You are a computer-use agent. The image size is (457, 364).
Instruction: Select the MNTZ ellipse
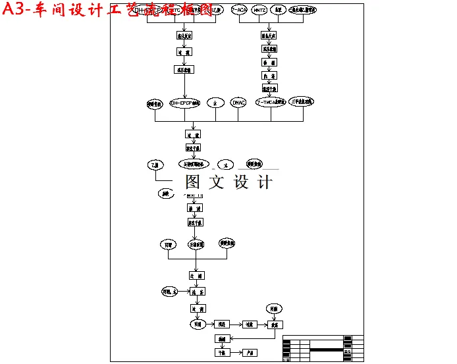pos(259,11)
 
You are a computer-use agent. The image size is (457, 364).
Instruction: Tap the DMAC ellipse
pos(238,103)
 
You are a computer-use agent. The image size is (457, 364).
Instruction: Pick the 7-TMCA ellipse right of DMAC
pos(271,103)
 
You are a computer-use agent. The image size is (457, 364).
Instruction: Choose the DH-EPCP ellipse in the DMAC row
pos(184,103)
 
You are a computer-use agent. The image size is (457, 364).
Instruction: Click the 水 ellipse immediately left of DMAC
pos(215,103)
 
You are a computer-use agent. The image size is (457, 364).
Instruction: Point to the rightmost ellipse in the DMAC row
pos(302,101)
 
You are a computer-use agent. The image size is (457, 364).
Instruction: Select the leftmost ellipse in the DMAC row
pos(155,103)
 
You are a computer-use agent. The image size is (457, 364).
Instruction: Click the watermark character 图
pos(193,181)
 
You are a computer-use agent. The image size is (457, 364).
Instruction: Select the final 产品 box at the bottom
pos(250,353)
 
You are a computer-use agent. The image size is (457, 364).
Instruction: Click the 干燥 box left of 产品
pos(222,353)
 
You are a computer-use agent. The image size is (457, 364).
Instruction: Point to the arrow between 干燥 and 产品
pos(236,353)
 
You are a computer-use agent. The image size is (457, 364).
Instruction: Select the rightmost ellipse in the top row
pos(304,11)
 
